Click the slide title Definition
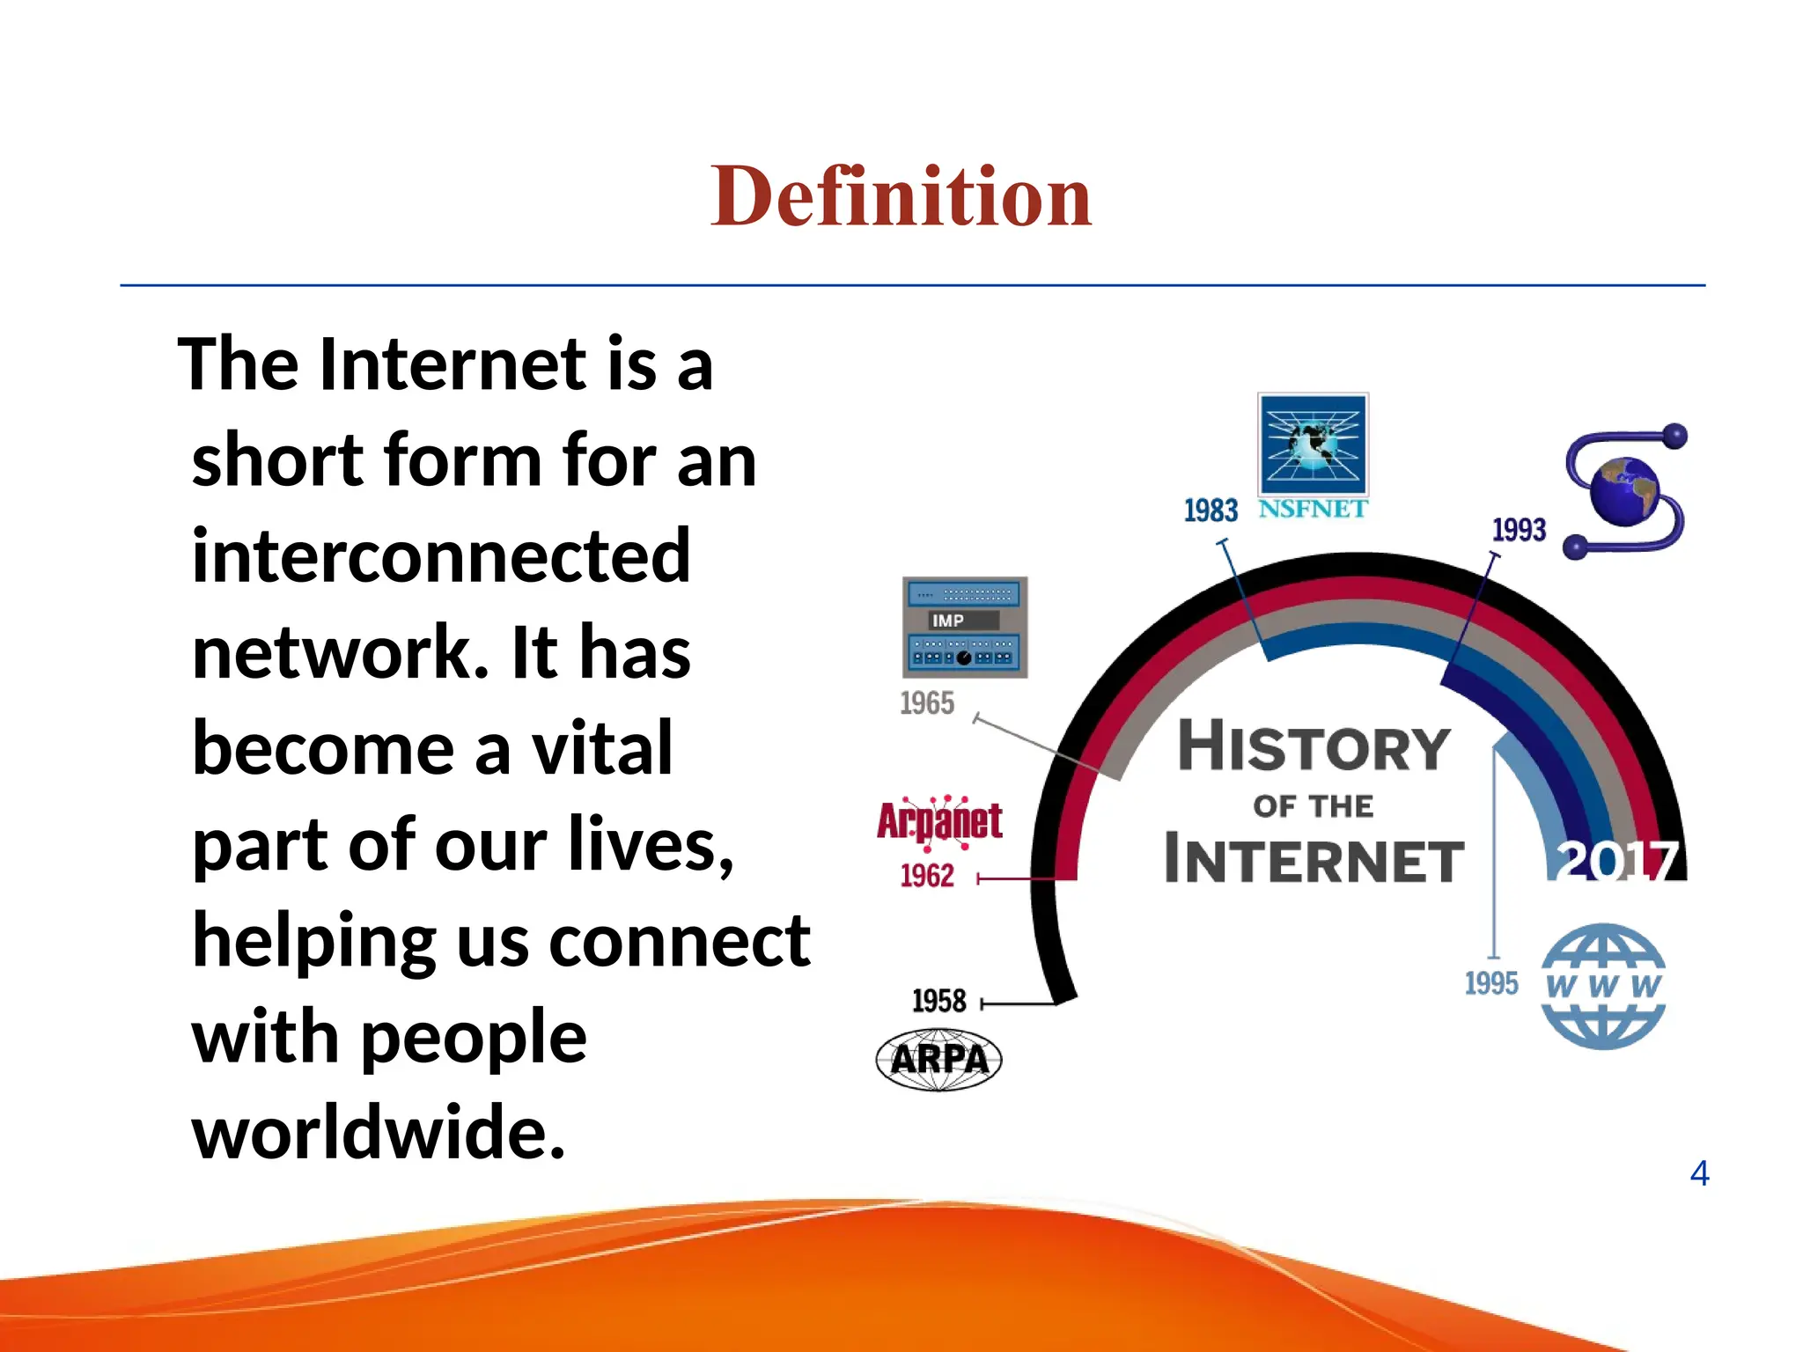tap(901, 196)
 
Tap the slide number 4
tap(1699, 1173)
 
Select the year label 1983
tap(1211, 511)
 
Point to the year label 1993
tap(1519, 530)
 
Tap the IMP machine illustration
tap(965, 627)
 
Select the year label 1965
tap(927, 703)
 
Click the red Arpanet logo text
tap(939, 821)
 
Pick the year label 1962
tap(927, 876)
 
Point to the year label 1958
tap(938, 1002)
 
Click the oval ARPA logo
tap(938, 1059)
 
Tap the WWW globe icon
tap(1603, 986)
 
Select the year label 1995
tap(1491, 983)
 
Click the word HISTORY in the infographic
tap(1314, 746)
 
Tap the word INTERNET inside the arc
tap(1314, 860)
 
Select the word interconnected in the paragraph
tap(441, 555)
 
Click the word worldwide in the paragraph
tap(379, 1132)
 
